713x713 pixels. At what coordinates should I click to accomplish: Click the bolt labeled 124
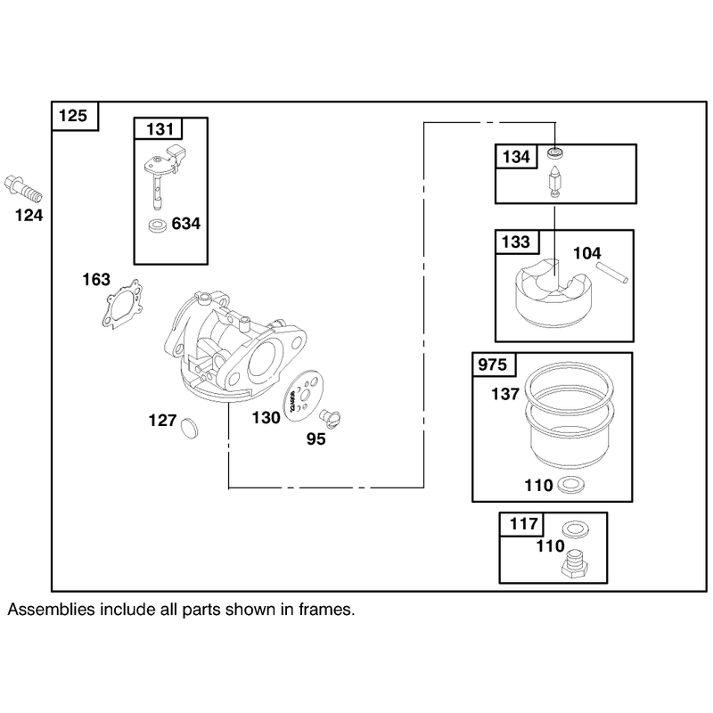23,189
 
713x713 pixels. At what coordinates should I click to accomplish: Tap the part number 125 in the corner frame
73,116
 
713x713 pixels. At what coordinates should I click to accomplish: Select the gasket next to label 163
122,304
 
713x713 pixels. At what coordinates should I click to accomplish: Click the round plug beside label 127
189,428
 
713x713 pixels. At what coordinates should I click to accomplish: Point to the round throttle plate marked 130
302,395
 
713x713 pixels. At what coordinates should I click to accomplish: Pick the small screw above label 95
330,418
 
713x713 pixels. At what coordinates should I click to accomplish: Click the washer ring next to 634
158,225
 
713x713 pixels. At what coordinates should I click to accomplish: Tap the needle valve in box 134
554,182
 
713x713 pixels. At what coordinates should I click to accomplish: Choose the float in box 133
554,293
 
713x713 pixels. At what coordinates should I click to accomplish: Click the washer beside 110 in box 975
570,485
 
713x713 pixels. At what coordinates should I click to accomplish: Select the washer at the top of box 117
575,529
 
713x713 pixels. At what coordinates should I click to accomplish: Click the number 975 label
493,365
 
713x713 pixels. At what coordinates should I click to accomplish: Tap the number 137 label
505,394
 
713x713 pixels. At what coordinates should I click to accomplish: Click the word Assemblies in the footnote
51,610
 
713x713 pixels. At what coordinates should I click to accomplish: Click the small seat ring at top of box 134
554,152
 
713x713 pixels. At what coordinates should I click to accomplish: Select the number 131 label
160,129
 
